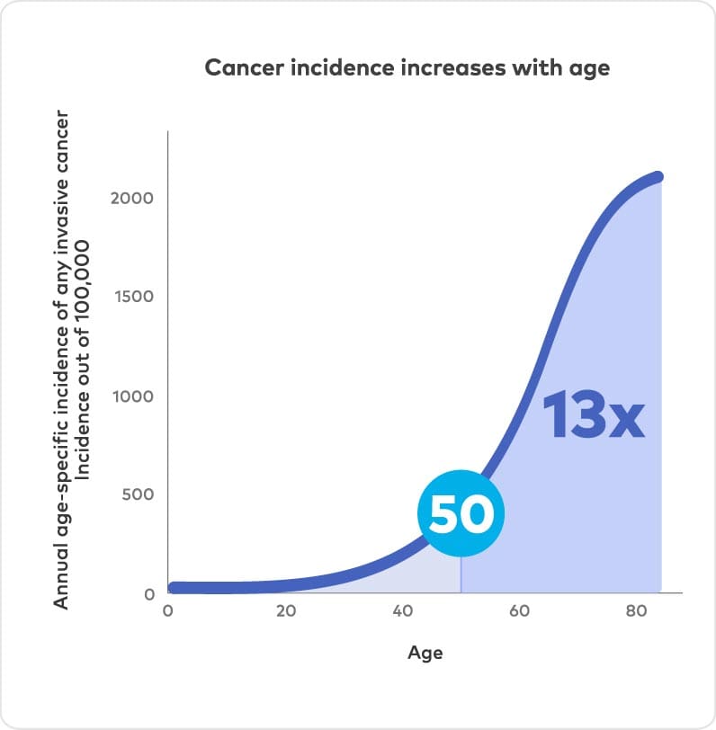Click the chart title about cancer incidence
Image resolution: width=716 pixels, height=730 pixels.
pos(407,68)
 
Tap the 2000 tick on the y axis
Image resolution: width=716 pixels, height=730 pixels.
pos(132,198)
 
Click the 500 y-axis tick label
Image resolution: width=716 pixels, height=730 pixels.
pos(138,494)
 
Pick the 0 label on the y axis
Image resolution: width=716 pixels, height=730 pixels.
pos(149,593)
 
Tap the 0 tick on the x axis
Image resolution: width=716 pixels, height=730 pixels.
pos(167,611)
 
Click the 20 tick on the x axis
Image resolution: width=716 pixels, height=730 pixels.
pos(285,611)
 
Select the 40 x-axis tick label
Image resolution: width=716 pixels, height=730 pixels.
pos(403,611)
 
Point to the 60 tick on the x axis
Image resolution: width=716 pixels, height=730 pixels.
pos(519,611)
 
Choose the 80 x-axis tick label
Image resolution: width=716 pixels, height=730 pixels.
pos(637,611)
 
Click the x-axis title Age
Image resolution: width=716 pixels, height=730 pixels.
pos(425,653)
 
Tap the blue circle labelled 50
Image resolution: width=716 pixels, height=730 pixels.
pos(461,513)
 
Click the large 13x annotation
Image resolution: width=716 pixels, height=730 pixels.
pos(594,415)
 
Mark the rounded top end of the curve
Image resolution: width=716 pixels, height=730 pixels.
pos(658,176)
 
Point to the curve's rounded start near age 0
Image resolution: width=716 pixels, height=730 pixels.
pos(175,588)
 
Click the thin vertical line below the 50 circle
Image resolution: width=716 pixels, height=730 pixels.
pos(461,575)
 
